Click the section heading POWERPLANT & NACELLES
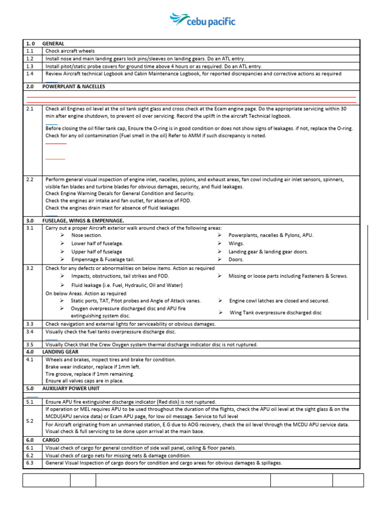[x=73, y=86]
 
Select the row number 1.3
[x=29, y=66]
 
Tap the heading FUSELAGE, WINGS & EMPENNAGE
[x=83, y=220]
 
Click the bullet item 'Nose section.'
[x=86, y=235]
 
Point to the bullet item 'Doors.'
[x=236, y=259]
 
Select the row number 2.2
[x=29, y=179]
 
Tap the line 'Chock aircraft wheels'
[x=70, y=51]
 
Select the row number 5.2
[x=29, y=421]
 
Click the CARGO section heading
[x=51, y=440]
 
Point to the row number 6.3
[x=29, y=463]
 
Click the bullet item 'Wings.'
[x=236, y=244]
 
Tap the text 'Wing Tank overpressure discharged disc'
[x=275, y=312]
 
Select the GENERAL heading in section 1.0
[x=53, y=43]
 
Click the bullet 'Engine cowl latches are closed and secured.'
[x=279, y=301]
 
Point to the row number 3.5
[x=29, y=344]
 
